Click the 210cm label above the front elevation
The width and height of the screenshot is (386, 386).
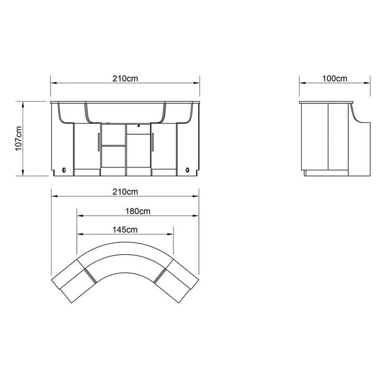point(125,78)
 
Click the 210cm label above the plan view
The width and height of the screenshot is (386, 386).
point(125,192)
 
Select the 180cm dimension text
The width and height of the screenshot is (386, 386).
point(138,211)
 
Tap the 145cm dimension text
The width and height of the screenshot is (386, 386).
point(125,230)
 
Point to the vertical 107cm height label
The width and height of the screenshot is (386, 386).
point(19,138)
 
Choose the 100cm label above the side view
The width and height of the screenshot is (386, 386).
point(335,78)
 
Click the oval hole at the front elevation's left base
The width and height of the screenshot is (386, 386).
point(64,170)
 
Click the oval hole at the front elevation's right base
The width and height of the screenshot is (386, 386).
point(187,170)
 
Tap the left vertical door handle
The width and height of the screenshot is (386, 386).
point(99,142)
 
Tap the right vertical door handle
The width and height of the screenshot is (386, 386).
point(153,142)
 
